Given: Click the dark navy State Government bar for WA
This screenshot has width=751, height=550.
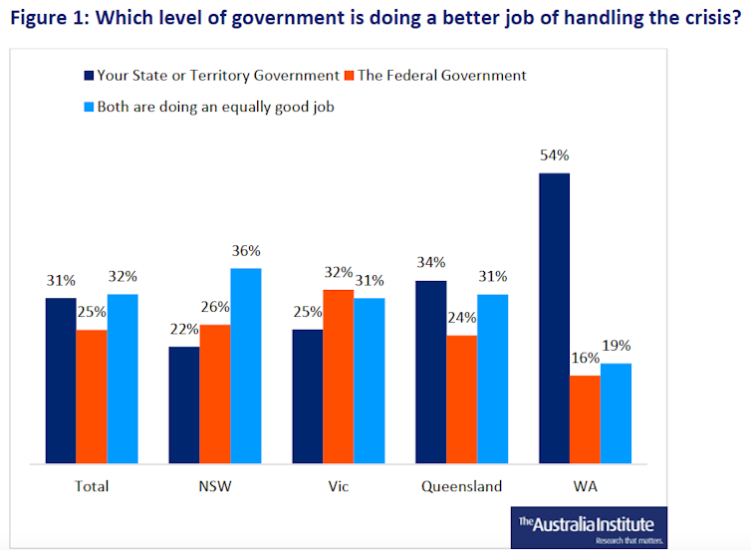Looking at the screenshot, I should (x=554, y=318).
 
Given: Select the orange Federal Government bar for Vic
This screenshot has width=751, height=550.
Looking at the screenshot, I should (x=338, y=377).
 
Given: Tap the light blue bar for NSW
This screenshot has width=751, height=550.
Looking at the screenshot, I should (x=245, y=366).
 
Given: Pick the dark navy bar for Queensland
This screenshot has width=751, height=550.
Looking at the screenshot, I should (x=430, y=372).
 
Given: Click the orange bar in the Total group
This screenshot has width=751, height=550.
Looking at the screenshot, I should (x=92, y=397).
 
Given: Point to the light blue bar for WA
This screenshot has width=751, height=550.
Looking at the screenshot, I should (x=616, y=412).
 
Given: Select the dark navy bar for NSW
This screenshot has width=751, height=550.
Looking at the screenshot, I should (x=184, y=405).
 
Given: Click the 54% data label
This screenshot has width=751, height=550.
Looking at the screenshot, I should (x=555, y=155).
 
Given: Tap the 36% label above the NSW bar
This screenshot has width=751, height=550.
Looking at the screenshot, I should (x=246, y=251).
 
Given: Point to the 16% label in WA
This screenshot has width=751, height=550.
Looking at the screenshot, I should (x=586, y=358).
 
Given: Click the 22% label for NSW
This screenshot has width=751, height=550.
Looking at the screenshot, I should (x=184, y=330).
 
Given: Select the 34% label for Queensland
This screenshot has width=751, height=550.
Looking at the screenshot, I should (x=431, y=263).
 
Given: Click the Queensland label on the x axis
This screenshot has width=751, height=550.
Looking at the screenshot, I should (x=461, y=487).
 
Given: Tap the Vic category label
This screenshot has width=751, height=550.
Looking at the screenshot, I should (x=338, y=487).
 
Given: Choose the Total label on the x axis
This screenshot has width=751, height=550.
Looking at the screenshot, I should (x=92, y=487).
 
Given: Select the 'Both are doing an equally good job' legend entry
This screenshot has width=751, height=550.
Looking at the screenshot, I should (x=214, y=107).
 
